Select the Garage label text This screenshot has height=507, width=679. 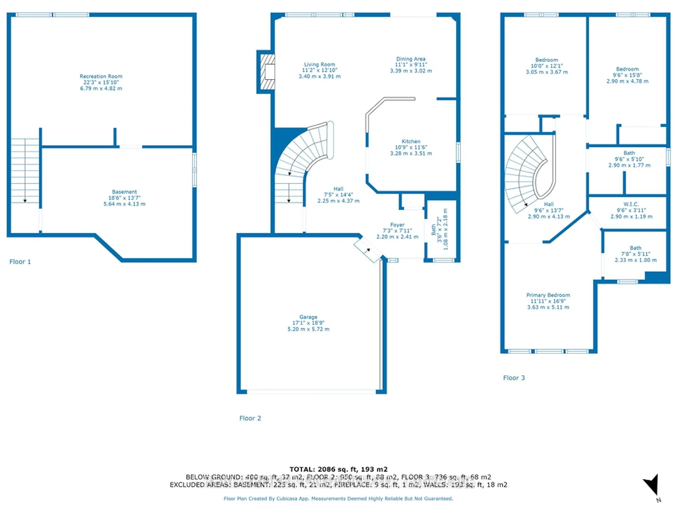(308, 317)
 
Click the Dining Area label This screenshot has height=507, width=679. (411, 59)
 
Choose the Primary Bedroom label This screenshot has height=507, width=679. (548, 295)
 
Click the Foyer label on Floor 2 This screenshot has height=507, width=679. (397, 225)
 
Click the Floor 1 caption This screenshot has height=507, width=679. (20, 262)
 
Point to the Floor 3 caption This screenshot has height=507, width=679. (514, 378)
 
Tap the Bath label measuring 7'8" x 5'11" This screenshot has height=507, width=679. (635, 248)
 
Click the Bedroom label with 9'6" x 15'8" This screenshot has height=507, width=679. (627, 69)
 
